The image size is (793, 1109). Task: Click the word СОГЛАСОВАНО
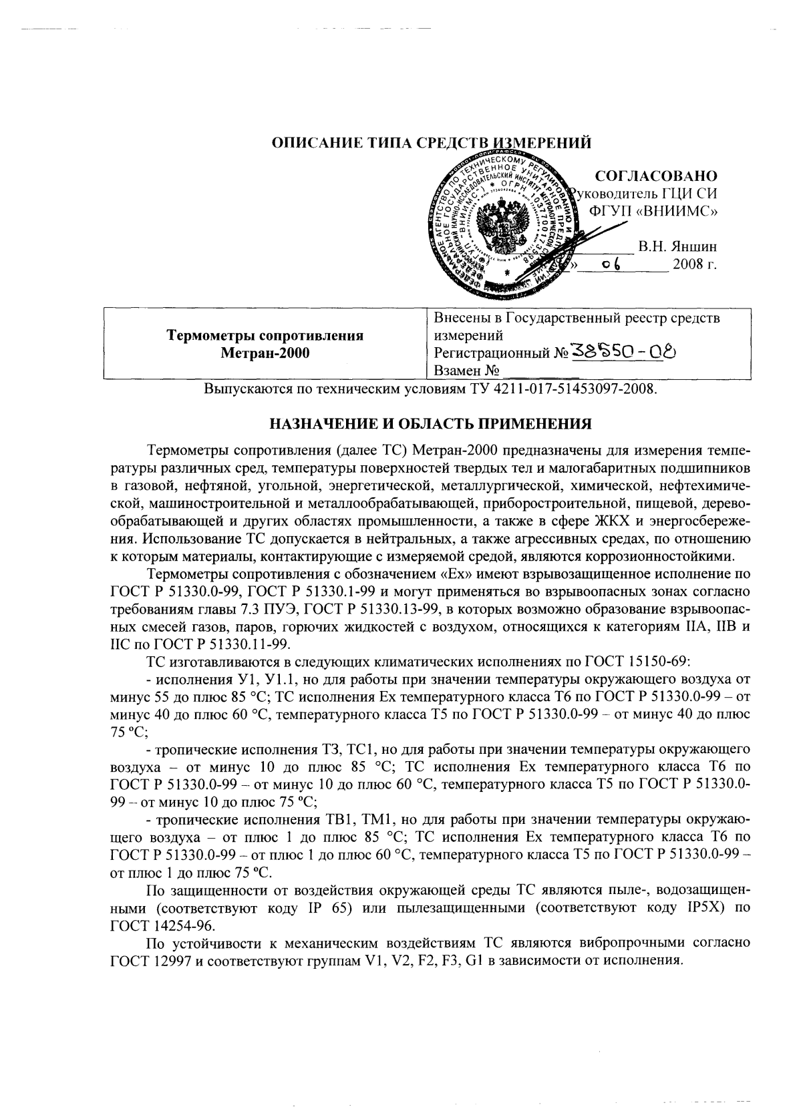click(655, 176)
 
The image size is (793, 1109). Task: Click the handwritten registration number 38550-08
click(624, 351)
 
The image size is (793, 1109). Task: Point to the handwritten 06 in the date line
click(611, 264)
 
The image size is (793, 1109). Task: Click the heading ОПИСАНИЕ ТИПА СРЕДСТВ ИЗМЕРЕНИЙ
click(432, 142)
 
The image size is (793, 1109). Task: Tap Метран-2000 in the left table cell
click(265, 353)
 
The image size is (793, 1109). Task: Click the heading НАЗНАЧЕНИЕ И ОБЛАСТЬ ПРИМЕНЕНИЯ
click(431, 423)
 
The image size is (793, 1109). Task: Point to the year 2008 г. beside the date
click(695, 264)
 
